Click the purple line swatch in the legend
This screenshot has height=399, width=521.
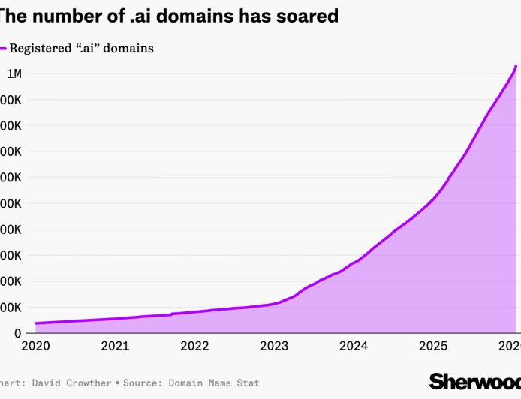tap(3, 49)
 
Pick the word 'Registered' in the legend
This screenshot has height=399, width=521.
tap(40, 49)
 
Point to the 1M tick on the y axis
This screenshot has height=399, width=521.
tap(14, 73)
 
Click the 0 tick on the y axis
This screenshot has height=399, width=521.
tap(17, 333)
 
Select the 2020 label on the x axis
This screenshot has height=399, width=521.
tap(35, 346)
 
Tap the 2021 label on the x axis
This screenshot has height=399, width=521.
tap(115, 346)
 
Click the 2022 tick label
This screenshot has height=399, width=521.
tap(194, 346)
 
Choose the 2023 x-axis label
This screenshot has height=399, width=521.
tap(274, 346)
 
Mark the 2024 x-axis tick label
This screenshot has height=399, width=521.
tap(354, 346)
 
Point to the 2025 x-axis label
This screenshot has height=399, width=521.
tap(433, 346)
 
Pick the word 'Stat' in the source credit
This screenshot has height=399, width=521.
tap(247, 383)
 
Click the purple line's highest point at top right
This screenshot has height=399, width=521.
tap(516, 67)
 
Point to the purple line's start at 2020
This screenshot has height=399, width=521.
tap(36, 323)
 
